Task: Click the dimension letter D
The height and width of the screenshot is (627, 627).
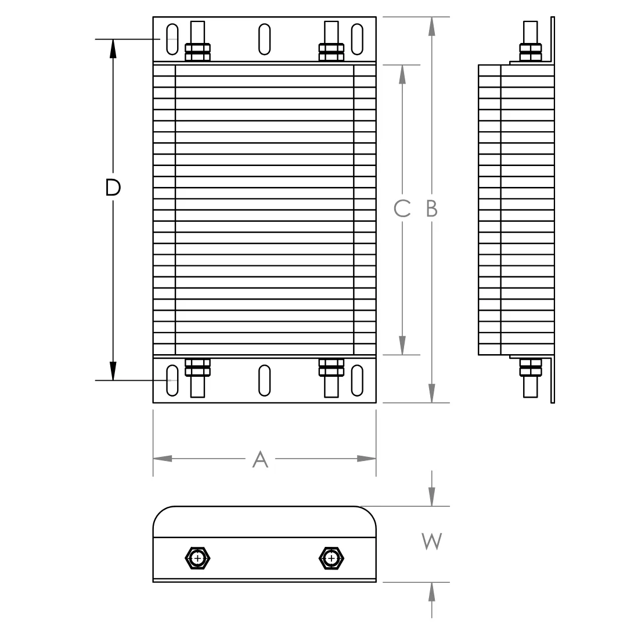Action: coord(113,187)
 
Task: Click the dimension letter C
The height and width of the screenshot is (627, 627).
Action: coord(402,208)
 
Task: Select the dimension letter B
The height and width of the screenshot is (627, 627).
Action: coord(432,208)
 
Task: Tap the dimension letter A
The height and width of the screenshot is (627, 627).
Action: coord(260,459)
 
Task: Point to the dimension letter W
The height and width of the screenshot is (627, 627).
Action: coord(431,542)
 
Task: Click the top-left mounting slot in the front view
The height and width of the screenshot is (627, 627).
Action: coord(172,39)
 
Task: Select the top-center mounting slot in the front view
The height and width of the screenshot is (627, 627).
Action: coord(264,39)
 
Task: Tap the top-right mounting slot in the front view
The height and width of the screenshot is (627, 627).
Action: coord(357,39)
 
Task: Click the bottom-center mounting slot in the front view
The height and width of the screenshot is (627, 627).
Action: coord(264,380)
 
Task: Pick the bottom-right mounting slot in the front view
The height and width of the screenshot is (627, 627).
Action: coord(357,380)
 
